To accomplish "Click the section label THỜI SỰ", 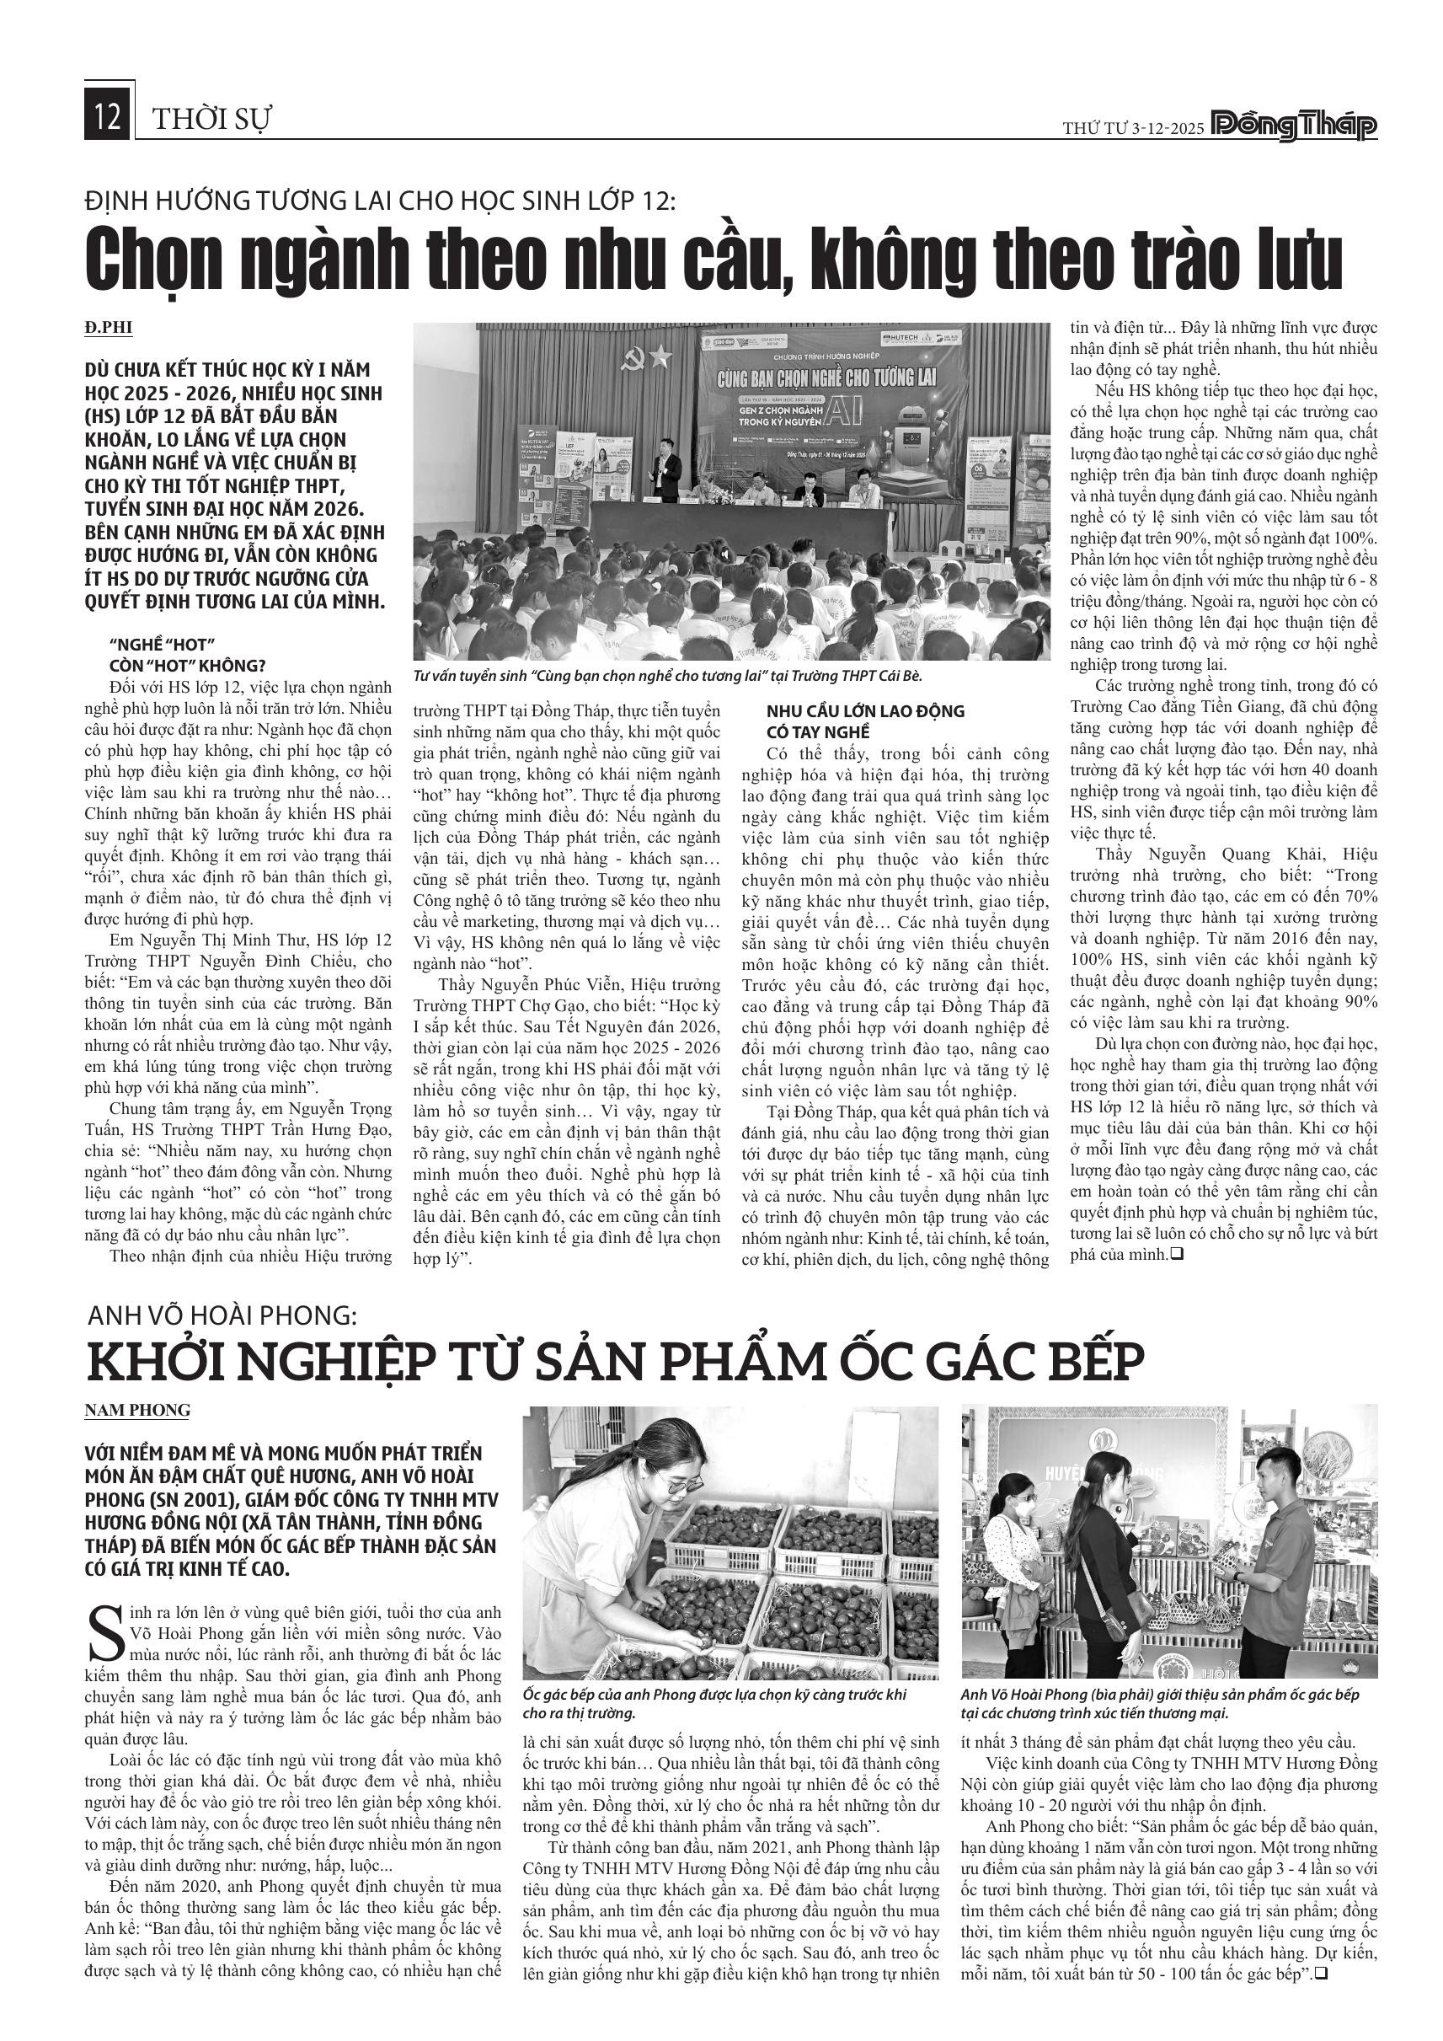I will coord(213,119).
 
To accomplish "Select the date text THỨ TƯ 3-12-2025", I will coord(1133,128).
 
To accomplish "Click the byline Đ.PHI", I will coord(109,328).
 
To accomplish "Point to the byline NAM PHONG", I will coord(136,1410).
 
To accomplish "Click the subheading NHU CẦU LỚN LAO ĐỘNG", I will coord(852,711).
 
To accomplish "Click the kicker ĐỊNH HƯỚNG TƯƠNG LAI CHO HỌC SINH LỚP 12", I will coord(380,201).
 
